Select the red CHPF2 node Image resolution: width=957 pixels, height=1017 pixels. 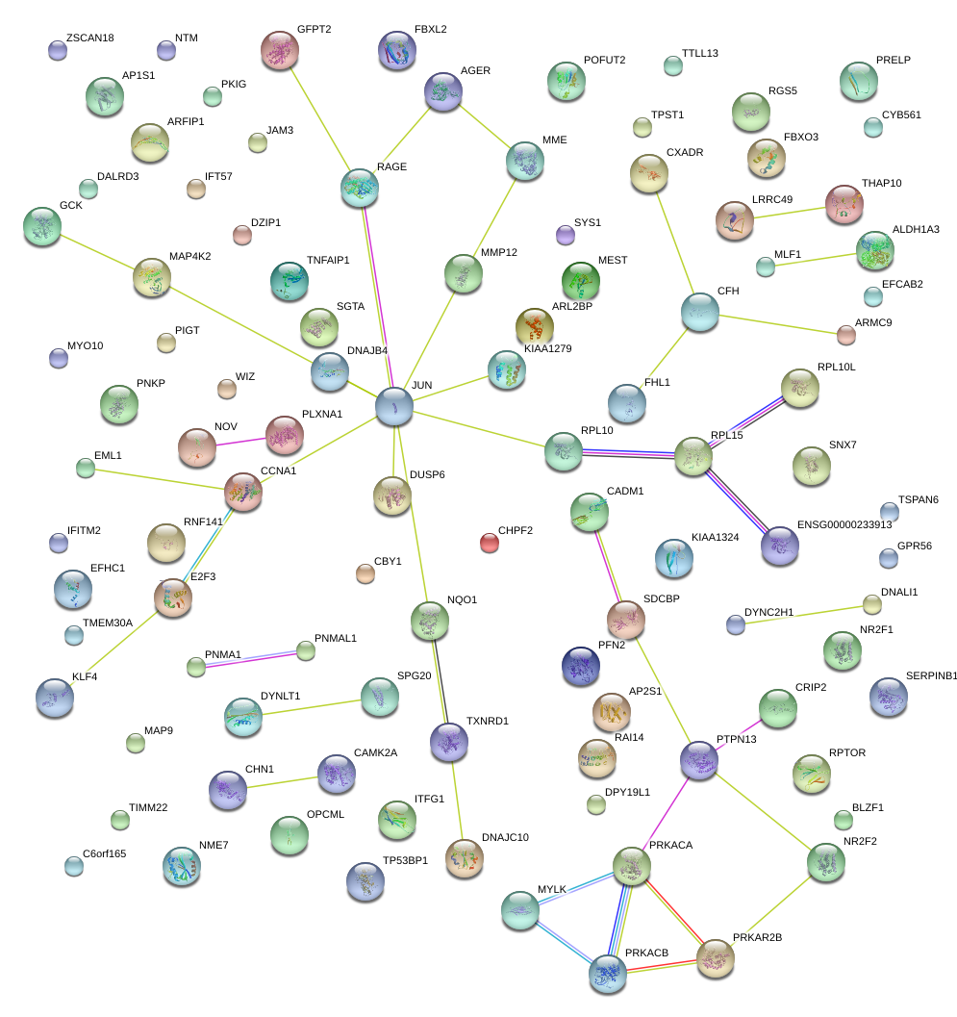click(490, 543)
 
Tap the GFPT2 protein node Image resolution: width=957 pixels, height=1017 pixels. click(280, 50)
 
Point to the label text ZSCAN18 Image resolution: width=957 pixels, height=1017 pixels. click(90, 38)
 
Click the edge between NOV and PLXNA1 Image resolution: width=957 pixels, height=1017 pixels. click(239, 440)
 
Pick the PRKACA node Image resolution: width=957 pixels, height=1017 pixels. click(631, 866)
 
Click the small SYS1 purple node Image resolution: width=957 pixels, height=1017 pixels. click(566, 234)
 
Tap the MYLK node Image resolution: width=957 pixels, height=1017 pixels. click(521, 909)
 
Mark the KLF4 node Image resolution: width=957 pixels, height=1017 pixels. click(54, 698)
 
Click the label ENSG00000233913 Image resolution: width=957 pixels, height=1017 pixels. click(844, 524)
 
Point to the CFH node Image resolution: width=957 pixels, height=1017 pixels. click(699, 312)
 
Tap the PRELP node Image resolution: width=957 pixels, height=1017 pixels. click(858, 82)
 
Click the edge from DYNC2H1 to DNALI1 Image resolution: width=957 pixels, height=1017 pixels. click(804, 615)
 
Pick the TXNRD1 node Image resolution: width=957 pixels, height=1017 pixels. click(448, 741)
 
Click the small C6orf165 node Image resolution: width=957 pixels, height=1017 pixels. click(74, 865)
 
